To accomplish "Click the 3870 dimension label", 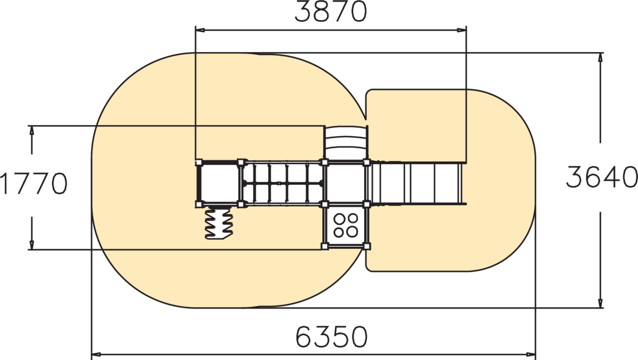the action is tap(331, 11).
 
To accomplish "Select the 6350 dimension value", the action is tap(332, 337).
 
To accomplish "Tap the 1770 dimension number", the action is tap(33, 183).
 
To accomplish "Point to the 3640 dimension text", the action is tap(601, 177).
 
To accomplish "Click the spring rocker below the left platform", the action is tap(219, 223).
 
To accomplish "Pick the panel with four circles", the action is tap(346, 225).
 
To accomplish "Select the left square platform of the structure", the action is tap(219, 183).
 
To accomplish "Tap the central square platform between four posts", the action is tap(346, 183).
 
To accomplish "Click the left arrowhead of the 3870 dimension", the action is tap(200, 30).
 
